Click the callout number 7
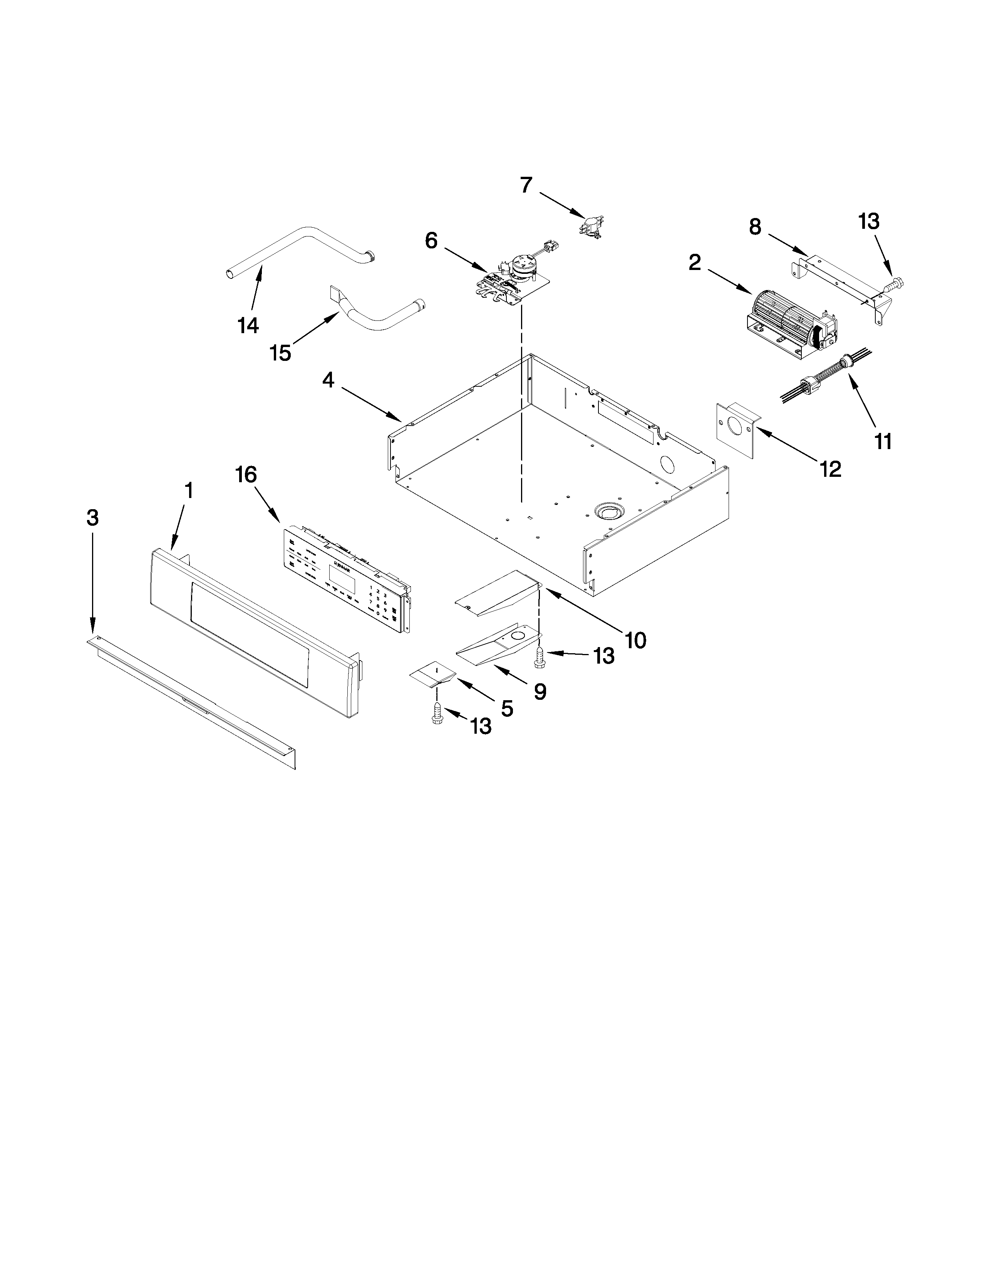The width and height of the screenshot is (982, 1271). (526, 185)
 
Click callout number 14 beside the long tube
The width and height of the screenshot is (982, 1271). (248, 325)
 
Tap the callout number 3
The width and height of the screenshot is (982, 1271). (92, 518)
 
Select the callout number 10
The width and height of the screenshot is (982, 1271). (635, 640)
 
